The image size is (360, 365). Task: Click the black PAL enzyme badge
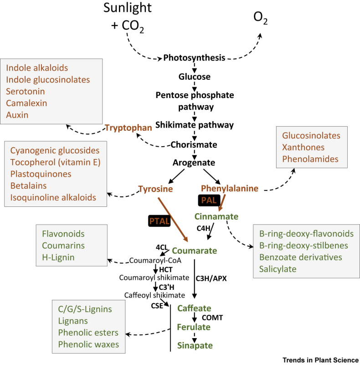(209, 200)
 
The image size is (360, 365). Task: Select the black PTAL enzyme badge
(159, 221)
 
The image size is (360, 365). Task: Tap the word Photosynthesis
(194, 58)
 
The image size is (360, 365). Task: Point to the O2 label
(260, 18)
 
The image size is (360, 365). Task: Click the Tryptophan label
(129, 128)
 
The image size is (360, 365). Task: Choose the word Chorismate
(194, 145)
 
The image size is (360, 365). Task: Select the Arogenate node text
(194, 163)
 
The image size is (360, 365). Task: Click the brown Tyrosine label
(155, 189)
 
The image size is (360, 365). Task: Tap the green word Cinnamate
(216, 216)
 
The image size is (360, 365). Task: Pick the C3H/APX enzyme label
(211, 278)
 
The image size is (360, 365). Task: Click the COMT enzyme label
(212, 318)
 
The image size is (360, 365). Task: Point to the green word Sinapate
(195, 346)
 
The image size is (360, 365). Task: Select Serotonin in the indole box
(26, 92)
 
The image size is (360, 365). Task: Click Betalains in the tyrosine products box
(28, 186)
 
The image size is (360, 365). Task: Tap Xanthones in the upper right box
(303, 147)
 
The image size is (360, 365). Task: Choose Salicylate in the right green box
(278, 269)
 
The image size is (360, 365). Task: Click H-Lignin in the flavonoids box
(58, 257)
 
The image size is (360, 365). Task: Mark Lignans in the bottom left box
(73, 321)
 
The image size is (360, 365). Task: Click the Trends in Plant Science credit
(321, 360)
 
